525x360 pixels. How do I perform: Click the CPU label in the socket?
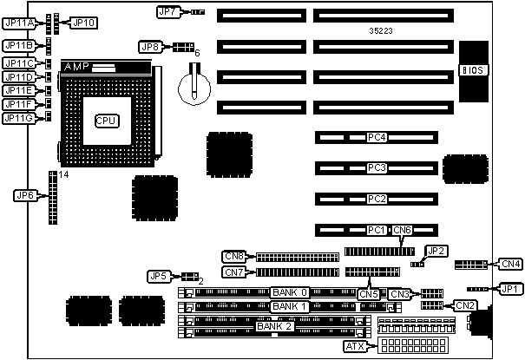tap(107, 120)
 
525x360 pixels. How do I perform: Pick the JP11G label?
tap(18, 118)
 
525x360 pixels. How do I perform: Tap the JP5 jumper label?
tap(159, 276)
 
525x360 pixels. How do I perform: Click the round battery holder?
tap(194, 84)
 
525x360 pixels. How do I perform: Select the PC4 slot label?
tap(376, 137)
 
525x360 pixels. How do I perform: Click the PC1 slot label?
tap(376, 230)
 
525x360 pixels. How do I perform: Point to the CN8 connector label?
tap(233, 256)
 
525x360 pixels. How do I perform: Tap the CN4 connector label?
tap(510, 263)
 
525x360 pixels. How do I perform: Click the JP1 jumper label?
tap(510, 288)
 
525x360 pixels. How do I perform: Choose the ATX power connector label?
tap(355, 346)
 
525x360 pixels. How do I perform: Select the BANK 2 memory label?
tap(277, 326)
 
